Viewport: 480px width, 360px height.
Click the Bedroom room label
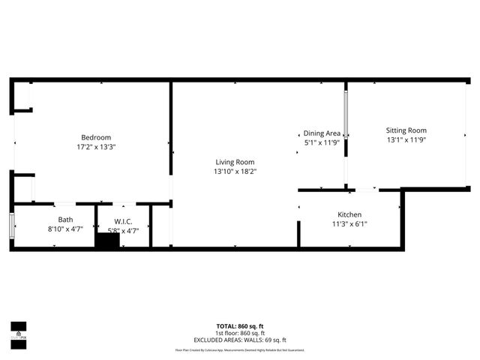(96, 137)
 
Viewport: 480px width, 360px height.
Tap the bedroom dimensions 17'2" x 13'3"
(96, 147)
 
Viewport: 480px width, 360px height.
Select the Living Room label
(235, 162)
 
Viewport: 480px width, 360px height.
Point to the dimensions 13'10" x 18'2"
(235, 172)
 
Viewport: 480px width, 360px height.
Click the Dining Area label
(322, 133)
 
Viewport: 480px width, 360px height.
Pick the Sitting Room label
(406, 130)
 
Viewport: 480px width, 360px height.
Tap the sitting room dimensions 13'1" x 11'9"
(406, 139)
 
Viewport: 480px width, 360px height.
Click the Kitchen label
(349, 214)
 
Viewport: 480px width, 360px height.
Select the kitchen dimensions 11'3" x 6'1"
(349, 223)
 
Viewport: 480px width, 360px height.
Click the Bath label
(65, 220)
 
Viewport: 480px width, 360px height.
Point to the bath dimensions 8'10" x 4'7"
(65, 229)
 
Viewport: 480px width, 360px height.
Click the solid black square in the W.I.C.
(108, 241)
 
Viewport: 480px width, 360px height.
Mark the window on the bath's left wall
(11, 225)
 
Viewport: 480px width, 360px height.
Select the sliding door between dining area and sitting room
(346, 112)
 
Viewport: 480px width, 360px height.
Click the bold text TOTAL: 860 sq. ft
(240, 326)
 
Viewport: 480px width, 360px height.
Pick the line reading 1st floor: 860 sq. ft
(240, 332)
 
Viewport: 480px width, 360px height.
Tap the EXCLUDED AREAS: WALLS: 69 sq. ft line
(240, 339)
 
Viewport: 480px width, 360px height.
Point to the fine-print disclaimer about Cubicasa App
(240, 350)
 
